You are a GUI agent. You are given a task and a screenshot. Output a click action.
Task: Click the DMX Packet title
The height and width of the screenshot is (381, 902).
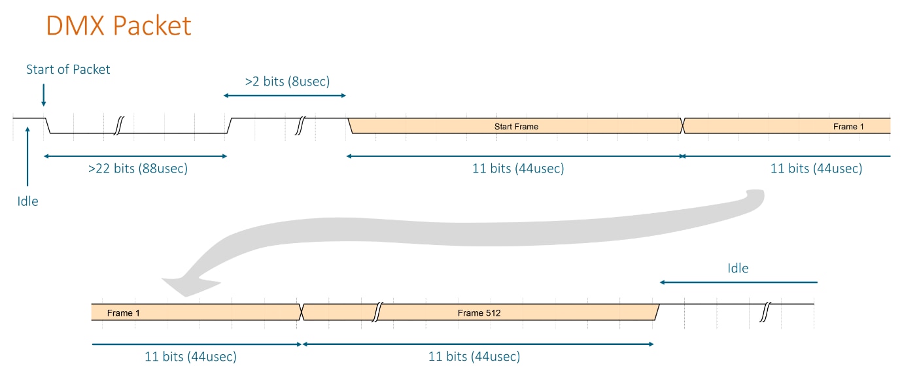tap(118, 25)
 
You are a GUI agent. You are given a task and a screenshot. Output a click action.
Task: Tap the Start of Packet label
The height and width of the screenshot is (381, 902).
tap(68, 69)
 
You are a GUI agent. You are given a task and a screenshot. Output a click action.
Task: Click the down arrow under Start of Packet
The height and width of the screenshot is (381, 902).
tap(43, 95)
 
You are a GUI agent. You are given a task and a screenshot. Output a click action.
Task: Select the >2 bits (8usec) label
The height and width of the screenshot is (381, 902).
tap(288, 81)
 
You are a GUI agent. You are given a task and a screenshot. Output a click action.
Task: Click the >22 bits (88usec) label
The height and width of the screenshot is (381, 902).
tap(138, 168)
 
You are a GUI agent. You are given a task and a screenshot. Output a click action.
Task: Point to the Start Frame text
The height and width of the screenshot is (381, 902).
tap(516, 126)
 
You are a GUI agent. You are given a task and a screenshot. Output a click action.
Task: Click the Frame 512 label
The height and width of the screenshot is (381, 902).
tap(479, 313)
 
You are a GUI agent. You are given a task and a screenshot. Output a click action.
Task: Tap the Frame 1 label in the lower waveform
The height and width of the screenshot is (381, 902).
tap(123, 313)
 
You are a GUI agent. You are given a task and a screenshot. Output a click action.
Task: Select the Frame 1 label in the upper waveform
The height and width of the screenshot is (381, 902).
tap(848, 126)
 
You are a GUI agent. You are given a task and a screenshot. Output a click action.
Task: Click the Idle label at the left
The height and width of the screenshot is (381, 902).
tap(27, 201)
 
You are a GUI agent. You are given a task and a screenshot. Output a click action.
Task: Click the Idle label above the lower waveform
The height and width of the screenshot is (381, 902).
tap(738, 269)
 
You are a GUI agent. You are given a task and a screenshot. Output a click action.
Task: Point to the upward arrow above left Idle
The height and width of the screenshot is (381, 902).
tap(27, 156)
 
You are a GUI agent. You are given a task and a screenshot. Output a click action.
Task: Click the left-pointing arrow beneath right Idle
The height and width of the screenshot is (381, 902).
tap(738, 282)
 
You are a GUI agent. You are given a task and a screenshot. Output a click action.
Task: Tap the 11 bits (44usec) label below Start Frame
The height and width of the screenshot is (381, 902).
tap(518, 168)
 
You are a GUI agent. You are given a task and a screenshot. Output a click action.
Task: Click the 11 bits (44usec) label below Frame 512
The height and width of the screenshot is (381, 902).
tap(474, 356)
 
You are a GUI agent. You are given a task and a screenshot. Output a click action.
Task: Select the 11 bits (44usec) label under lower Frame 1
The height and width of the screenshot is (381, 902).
tap(190, 356)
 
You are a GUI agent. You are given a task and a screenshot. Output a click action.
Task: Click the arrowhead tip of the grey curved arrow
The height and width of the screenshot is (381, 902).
tap(162, 278)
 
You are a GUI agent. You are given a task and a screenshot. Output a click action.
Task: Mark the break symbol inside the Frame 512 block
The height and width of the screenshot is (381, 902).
tap(377, 312)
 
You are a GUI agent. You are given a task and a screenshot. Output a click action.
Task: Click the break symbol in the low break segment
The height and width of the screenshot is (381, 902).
tap(118, 126)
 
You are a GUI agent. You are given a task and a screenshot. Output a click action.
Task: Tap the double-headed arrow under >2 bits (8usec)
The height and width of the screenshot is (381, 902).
tap(285, 96)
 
